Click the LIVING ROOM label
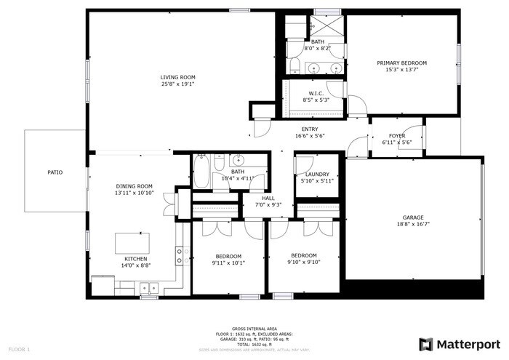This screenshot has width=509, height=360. coord(178,77)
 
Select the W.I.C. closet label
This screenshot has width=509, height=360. coord(316,93)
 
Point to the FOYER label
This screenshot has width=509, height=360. coord(397,135)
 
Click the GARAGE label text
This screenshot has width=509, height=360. coord(413,217)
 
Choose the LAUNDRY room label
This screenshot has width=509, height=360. coord(317,174)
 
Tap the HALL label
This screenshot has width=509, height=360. coord(268,198)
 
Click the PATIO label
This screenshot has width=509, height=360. coord(55,172)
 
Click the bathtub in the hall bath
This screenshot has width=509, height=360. coord(202,172)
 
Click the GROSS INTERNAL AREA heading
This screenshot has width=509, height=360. coord(253,328)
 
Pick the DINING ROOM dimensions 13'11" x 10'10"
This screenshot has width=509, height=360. coord(135,193)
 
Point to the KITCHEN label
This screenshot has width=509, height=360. coord(136,259)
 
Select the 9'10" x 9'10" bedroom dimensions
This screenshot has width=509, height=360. coord(304,263)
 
